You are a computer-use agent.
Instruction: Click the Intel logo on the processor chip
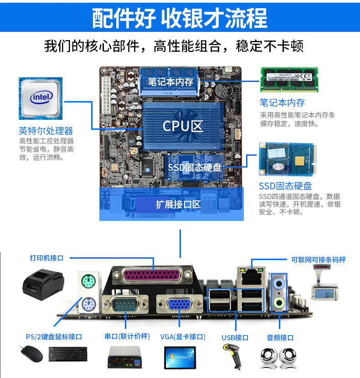click(41, 97)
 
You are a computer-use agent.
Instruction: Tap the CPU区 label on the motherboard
click(182, 126)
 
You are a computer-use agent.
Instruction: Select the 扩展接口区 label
click(178, 204)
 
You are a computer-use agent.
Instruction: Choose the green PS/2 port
click(88, 280)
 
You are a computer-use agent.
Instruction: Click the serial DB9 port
click(125, 304)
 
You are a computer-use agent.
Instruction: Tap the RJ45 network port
click(250, 276)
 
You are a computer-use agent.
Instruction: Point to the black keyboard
click(68, 354)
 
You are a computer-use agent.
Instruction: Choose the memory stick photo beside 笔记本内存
click(288, 79)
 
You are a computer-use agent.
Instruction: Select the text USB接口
click(235, 337)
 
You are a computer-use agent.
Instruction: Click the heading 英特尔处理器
click(46, 131)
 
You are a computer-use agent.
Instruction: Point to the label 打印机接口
click(46, 258)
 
